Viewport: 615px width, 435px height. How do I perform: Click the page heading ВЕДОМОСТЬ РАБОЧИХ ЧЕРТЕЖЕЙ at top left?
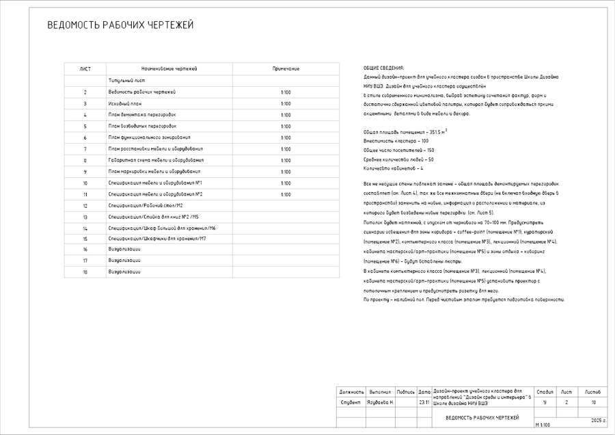[120, 25]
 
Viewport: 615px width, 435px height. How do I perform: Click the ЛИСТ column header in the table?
[85, 69]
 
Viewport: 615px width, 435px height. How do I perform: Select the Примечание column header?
[286, 69]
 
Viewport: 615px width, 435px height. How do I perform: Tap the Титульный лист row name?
[126, 81]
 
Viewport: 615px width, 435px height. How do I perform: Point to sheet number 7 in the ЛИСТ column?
[85, 148]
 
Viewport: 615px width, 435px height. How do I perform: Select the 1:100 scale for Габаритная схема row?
[286, 160]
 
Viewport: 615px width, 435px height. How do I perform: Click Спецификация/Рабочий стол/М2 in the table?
[146, 205]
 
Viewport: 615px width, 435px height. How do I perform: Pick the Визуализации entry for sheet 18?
[124, 272]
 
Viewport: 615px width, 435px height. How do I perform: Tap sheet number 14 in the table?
[85, 228]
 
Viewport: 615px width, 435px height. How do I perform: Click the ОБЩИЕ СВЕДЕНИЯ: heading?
[383, 68]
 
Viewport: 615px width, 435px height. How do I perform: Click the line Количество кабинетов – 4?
[394, 168]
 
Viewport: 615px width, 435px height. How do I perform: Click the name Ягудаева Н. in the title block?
[380, 403]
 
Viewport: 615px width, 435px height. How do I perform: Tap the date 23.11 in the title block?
[424, 403]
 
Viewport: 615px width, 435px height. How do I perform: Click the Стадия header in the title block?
[545, 392]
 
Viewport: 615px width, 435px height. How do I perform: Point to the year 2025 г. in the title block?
[599, 419]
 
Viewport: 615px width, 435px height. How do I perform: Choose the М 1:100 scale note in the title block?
[543, 425]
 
